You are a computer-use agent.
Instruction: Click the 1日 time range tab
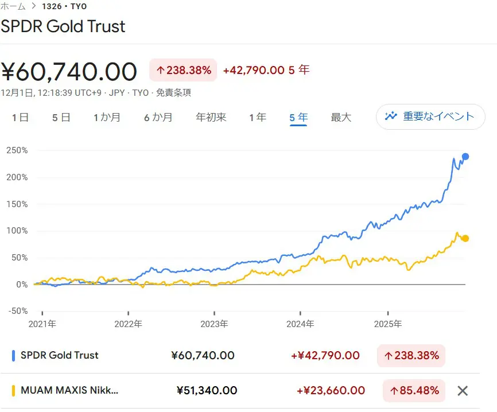(20, 117)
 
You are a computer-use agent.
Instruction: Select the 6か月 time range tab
(158, 117)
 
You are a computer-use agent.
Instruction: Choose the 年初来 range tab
(211, 117)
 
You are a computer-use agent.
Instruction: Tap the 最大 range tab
(341, 117)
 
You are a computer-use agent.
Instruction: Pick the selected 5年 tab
(298, 117)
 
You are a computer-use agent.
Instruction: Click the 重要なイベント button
(430, 116)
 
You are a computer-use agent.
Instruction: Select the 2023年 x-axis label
(214, 324)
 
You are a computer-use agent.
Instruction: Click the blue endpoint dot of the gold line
(465, 157)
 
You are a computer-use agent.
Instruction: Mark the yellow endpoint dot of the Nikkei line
(465, 238)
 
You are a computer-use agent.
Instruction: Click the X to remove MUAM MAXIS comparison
(463, 391)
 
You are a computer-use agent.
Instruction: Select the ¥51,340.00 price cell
(207, 391)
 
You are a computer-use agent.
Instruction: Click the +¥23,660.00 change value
(331, 391)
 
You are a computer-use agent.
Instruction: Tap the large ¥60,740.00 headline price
(69, 72)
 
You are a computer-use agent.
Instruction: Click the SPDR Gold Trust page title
(63, 26)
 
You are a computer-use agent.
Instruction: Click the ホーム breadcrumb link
(13, 6)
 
